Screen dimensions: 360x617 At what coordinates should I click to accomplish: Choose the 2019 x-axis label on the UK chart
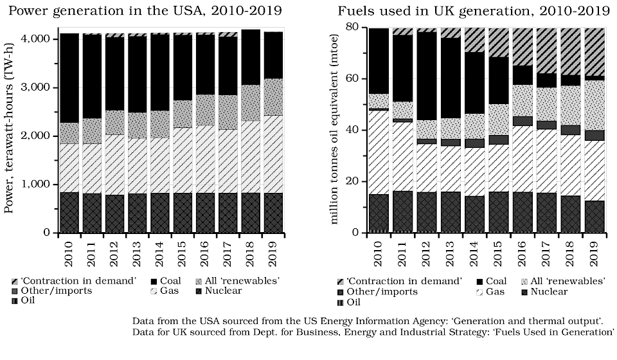coord(595,250)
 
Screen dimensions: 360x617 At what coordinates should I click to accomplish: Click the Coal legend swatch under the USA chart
coord(155,281)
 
